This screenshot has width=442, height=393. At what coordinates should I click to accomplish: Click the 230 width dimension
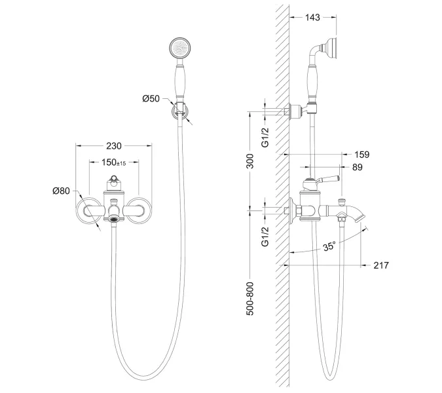(x=114, y=146)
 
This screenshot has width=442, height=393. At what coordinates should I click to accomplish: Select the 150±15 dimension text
(x=113, y=162)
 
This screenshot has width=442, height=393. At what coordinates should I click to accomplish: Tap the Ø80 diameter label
(x=61, y=191)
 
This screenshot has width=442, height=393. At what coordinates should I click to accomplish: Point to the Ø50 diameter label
(x=151, y=99)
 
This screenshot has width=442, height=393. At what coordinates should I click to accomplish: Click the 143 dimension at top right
(x=312, y=18)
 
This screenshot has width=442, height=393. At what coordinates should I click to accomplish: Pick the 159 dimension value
(x=361, y=155)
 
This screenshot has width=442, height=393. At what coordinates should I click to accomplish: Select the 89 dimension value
(x=357, y=167)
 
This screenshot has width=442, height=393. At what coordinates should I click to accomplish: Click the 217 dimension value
(x=381, y=265)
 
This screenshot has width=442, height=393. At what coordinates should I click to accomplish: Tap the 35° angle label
(x=329, y=246)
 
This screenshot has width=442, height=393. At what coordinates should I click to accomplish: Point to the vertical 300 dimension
(x=249, y=161)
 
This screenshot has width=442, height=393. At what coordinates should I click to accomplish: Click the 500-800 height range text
(x=249, y=299)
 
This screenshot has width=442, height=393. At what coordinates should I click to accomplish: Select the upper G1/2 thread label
(x=265, y=138)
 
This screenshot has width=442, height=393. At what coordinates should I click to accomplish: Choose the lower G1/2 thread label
(x=265, y=236)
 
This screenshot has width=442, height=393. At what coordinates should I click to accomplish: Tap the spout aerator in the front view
(x=114, y=219)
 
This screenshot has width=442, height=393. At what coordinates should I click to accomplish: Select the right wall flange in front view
(x=139, y=210)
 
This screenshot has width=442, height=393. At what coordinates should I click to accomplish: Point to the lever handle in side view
(x=327, y=179)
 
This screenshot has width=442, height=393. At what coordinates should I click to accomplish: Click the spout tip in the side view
(x=361, y=219)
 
